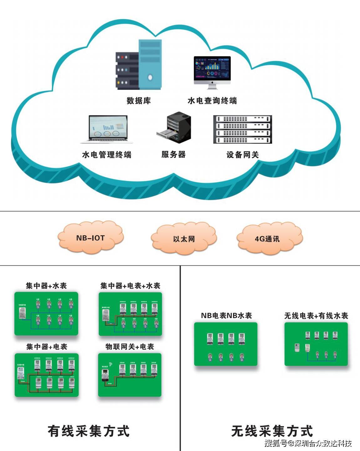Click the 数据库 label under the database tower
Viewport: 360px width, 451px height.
click(139, 101)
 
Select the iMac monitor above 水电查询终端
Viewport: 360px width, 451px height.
click(212, 71)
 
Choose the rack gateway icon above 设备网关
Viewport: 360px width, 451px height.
click(243, 129)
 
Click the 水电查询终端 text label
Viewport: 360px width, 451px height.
click(212, 101)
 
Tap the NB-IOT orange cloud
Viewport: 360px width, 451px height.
click(91, 238)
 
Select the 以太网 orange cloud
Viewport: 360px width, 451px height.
click(184, 239)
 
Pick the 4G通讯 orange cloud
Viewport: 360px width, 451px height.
click(269, 239)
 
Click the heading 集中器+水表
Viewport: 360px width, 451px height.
click(46, 286)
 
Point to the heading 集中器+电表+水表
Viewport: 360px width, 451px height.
click(130, 286)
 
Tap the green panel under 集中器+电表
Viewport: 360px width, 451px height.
click(47, 375)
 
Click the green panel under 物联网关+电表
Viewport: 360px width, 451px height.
click(130, 375)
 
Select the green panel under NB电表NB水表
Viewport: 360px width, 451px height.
click(226, 344)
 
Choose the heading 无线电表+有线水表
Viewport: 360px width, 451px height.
click(316, 316)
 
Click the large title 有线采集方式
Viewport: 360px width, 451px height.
click(89, 431)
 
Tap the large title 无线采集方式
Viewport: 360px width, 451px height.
click(272, 431)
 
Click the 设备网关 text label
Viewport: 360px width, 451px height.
click(243, 155)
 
